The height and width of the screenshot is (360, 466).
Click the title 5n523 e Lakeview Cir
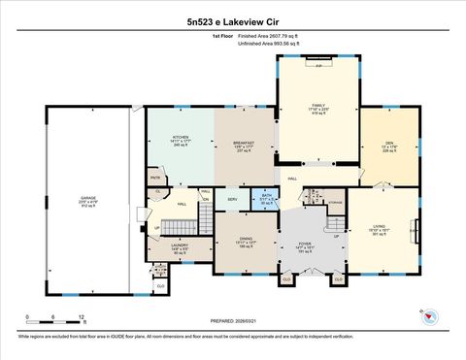tap(232, 19)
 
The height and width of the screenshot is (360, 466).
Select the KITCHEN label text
tap(180, 138)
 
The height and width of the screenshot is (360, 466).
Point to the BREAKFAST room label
tap(244, 143)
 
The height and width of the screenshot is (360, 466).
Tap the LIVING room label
tap(380, 225)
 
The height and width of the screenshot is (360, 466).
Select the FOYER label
tap(305, 245)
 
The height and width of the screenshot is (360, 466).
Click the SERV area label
tap(233, 200)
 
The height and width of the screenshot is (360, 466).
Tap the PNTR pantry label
tap(155, 177)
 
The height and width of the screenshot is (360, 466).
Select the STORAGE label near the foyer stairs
tap(335, 202)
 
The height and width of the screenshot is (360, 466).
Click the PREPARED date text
tap(232, 319)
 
